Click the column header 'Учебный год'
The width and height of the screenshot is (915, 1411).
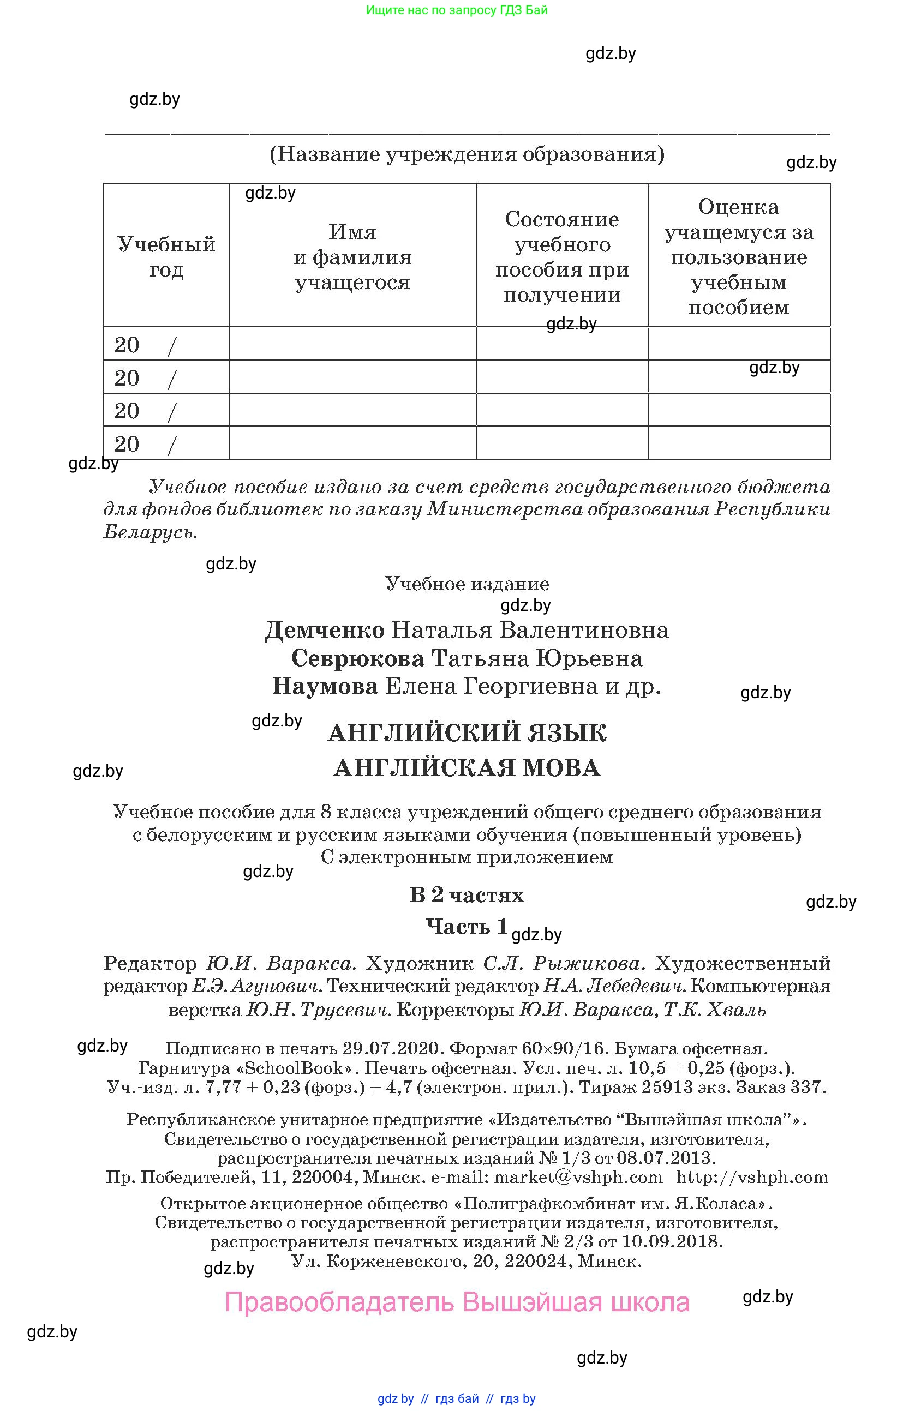click(x=166, y=257)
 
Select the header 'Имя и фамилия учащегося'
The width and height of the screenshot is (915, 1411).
click(x=352, y=257)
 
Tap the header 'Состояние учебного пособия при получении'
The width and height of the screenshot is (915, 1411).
click(x=561, y=257)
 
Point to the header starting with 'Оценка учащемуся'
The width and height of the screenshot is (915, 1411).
click(x=738, y=257)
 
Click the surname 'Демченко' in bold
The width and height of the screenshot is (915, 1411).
click(x=325, y=629)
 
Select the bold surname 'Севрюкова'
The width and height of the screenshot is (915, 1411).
click(x=357, y=658)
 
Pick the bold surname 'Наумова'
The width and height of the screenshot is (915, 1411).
click(x=325, y=687)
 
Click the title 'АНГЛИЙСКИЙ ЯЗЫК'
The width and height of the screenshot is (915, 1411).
click(x=467, y=734)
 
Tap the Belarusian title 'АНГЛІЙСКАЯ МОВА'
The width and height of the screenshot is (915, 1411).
click(x=467, y=768)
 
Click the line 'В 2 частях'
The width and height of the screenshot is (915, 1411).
click(x=467, y=894)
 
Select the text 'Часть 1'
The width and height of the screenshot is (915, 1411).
click(x=467, y=926)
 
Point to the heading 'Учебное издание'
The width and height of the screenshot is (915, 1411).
click(x=467, y=584)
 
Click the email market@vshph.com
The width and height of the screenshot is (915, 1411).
click(x=578, y=1178)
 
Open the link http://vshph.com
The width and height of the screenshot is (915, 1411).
click(x=752, y=1178)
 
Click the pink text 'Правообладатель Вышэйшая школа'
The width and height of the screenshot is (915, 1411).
click(x=457, y=1302)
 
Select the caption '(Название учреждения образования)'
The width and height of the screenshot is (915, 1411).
click(x=467, y=154)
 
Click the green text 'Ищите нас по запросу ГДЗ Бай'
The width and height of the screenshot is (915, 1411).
click(x=457, y=10)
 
